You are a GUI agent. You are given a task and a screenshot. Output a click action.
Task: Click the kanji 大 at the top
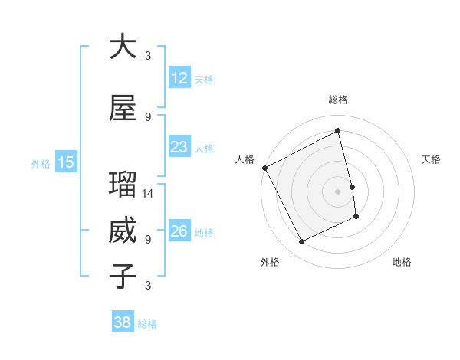tap(123, 47)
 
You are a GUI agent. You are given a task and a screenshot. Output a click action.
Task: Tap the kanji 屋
tap(123, 108)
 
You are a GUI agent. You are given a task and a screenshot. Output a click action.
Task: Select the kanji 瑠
tap(123, 186)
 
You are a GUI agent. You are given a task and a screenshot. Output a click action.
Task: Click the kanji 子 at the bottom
tap(123, 276)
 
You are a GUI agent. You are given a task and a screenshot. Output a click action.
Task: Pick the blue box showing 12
tap(179, 77)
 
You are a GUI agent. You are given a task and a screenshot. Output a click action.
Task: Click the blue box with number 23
tap(179, 146)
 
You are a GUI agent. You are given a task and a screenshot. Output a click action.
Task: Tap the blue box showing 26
tap(179, 231)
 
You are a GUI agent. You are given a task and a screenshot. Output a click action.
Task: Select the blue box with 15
tap(65, 162)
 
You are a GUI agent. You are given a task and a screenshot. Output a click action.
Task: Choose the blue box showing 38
tap(123, 322)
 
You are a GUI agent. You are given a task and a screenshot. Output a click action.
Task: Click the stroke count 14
tap(149, 194)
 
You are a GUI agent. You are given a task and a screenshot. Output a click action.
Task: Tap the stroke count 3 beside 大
tap(148, 56)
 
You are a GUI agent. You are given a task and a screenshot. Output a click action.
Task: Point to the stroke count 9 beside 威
tap(148, 240)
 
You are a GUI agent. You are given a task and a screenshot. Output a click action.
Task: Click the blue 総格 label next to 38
tap(147, 323)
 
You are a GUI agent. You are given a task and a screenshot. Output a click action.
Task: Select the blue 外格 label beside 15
tap(41, 162)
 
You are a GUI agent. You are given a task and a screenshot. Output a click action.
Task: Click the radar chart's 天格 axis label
tap(432, 159)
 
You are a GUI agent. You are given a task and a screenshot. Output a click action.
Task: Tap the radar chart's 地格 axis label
tap(402, 262)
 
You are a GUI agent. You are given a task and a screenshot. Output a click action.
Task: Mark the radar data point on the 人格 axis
tap(265, 168)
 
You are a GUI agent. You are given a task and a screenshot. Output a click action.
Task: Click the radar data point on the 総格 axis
tap(338, 131)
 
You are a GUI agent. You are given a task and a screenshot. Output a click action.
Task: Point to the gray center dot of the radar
tap(337, 191)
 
